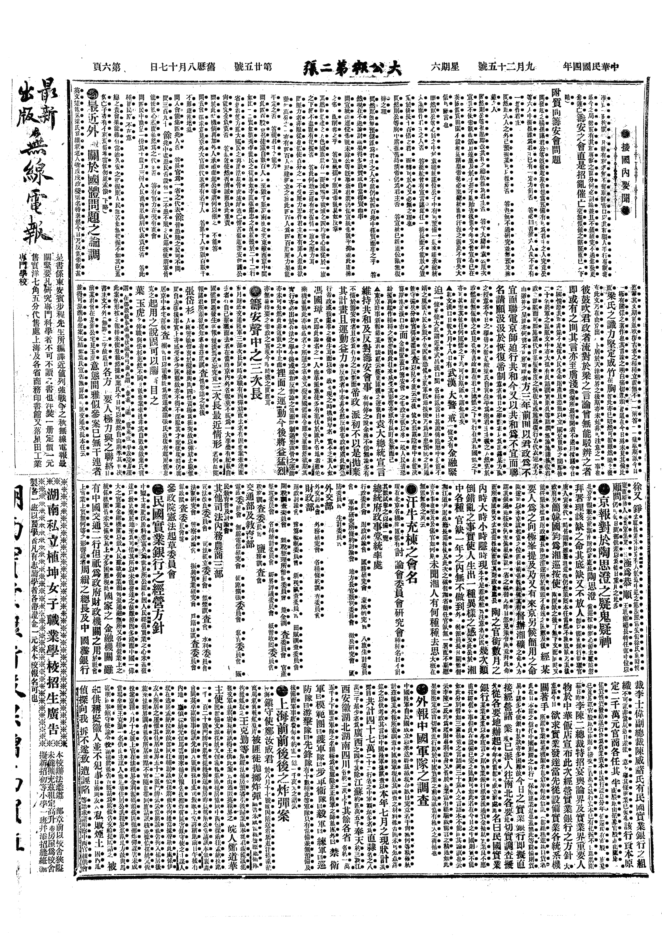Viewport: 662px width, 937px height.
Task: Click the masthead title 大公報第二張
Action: (x=352, y=69)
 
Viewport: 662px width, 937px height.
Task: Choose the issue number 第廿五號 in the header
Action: (x=253, y=67)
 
